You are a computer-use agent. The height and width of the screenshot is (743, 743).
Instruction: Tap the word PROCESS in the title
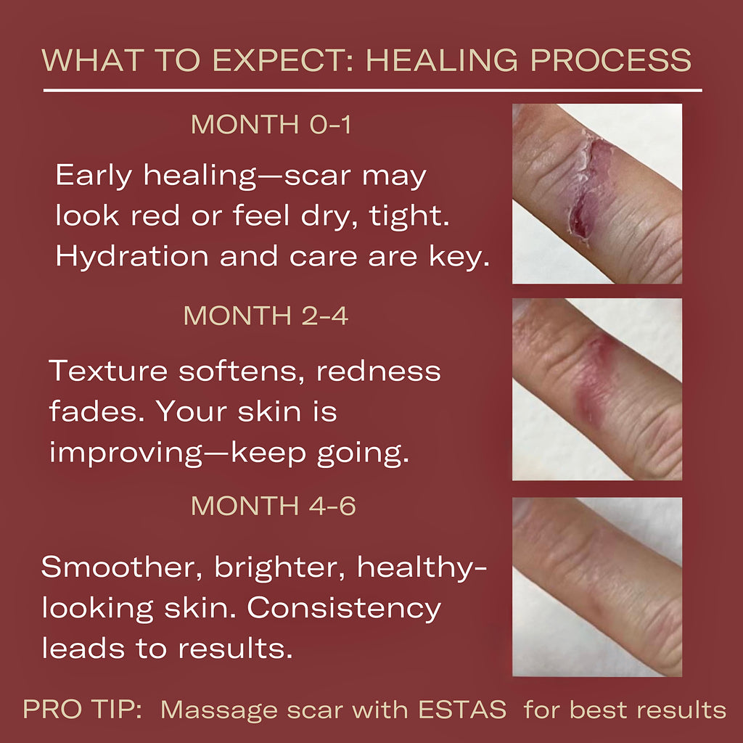tap(611, 60)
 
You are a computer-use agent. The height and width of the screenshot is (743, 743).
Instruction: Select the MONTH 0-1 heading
tap(271, 124)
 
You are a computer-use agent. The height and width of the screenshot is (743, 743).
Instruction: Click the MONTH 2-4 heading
tap(266, 316)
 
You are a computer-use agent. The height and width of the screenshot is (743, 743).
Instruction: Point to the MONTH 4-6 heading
tap(274, 506)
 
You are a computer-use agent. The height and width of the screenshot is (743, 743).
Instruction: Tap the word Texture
tap(107, 371)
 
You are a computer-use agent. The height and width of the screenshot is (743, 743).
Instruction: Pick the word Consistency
tap(344, 608)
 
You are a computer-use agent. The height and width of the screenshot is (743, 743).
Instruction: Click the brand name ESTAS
tap(462, 710)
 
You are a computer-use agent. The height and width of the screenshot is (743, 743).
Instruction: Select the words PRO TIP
tap(83, 710)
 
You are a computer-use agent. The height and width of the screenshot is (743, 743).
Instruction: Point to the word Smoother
tap(122, 567)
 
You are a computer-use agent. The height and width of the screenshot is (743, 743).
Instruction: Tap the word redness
tap(379, 371)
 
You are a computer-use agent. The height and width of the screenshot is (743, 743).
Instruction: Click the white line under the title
tap(372, 90)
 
